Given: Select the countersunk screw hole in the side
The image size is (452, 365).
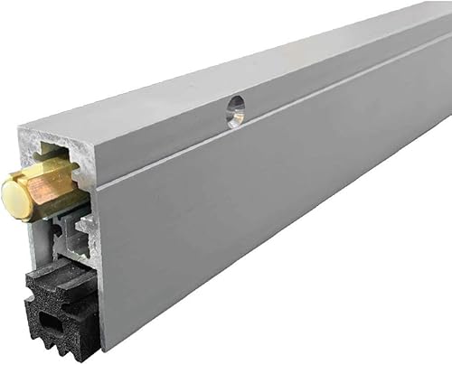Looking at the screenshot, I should tap(235, 111).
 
